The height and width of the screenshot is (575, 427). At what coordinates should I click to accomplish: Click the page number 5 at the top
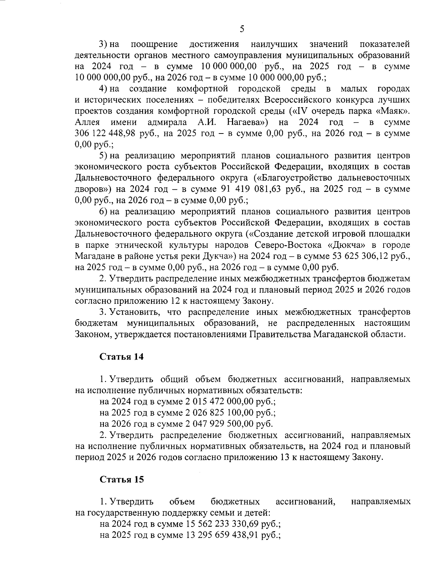[242, 29]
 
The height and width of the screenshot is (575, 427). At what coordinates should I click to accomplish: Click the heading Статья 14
[122, 357]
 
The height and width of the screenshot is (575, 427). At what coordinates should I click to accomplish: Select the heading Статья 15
[122, 480]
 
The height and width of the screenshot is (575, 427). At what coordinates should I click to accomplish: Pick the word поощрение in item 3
[154, 44]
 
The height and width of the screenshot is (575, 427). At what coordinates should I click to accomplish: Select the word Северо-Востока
[288, 245]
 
